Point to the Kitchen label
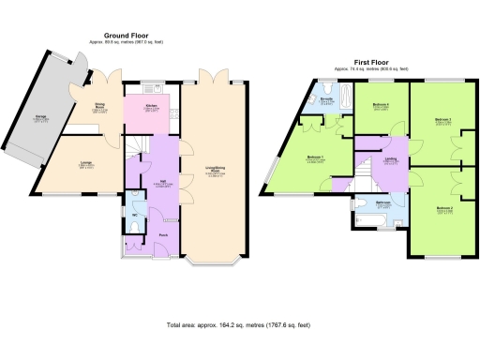(x=152, y=106)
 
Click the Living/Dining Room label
(x=215, y=172)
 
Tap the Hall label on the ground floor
(x=162, y=181)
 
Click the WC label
(x=134, y=216)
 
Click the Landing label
(x=391, y=159)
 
